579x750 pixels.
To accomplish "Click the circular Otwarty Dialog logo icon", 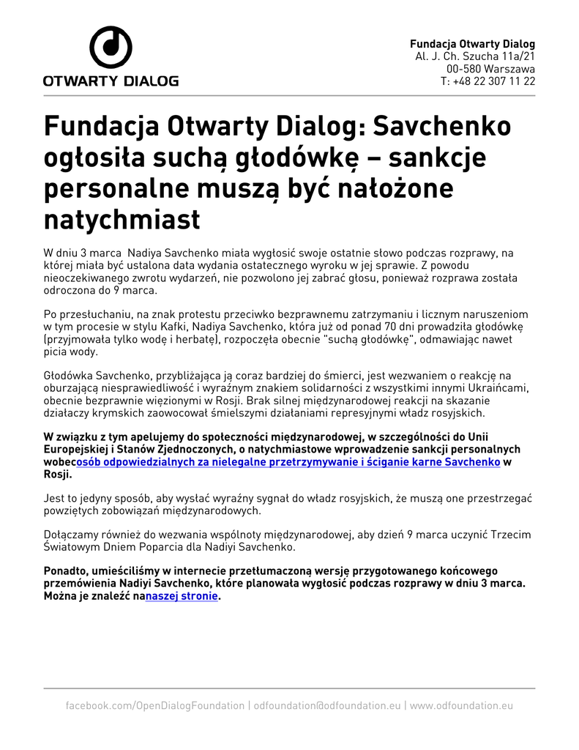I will [x=111, y=48].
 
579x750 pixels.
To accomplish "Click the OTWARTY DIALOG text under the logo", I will [x=111, y=81].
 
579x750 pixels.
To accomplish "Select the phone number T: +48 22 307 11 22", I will [x=488, y=81].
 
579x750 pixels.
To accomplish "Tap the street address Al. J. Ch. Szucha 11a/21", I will [x=475, y=56].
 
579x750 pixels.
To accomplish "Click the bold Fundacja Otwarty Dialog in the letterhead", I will [x=472, y=44].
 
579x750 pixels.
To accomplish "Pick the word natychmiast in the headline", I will [x=122, y=218].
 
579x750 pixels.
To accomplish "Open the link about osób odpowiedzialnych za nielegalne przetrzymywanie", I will [x=288, y=463].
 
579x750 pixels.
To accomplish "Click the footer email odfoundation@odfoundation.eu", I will [x=326, y=705].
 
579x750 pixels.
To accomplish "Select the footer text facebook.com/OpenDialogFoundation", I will [x=155, y=705].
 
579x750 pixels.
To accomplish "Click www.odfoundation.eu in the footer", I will [x=461, y=705].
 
